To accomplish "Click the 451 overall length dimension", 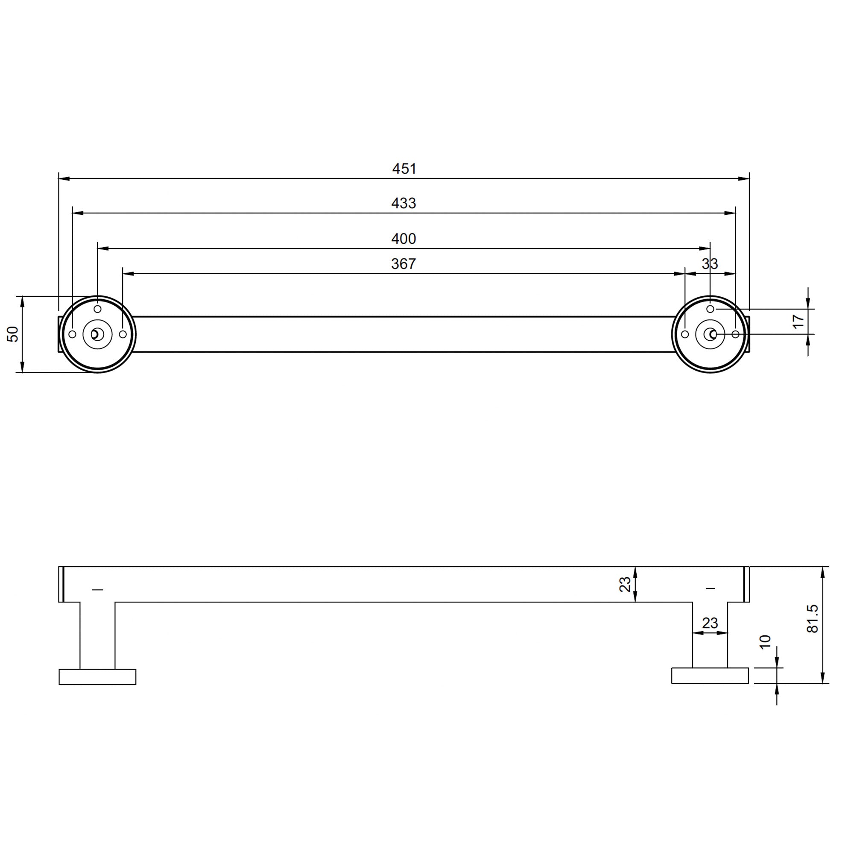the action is pos(404,169).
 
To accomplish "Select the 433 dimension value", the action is pos(404,203).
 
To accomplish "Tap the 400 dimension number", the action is pos(404,239).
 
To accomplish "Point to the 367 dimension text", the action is pos(404,264).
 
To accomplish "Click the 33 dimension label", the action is pos(710,264).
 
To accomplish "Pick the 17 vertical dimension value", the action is pos(799,322).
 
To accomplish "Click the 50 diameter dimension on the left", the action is pos(13,334).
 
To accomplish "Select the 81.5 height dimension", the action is pos(813,619).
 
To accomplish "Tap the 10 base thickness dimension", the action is pos(765,641).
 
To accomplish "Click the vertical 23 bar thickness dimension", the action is pos(625,585).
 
